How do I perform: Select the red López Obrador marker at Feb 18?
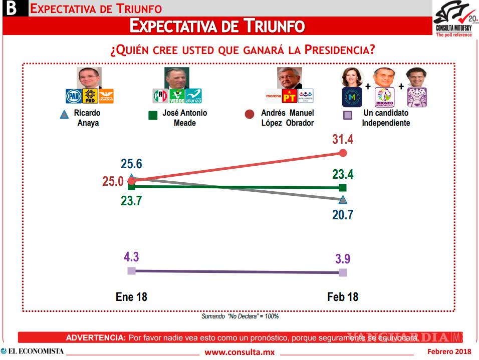[343, 153]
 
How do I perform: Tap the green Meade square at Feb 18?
[343, 188]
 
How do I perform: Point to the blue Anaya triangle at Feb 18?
[343, 200]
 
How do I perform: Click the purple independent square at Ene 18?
[131, 271]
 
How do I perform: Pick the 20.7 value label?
[343, 215]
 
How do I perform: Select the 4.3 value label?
[131, 257]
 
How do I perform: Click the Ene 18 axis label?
[131, 296]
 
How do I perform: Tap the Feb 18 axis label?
[343, 296]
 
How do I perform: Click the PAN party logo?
[73, 96]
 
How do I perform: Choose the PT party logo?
[290, 96]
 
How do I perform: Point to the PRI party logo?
[160, 96]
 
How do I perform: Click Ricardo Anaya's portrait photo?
[89, 78]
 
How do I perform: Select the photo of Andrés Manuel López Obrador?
[290, 78]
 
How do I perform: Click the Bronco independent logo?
[385, 97]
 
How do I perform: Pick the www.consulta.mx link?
[239, 352]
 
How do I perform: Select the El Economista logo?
[33, 351]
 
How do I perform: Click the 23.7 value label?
[131, 200]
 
